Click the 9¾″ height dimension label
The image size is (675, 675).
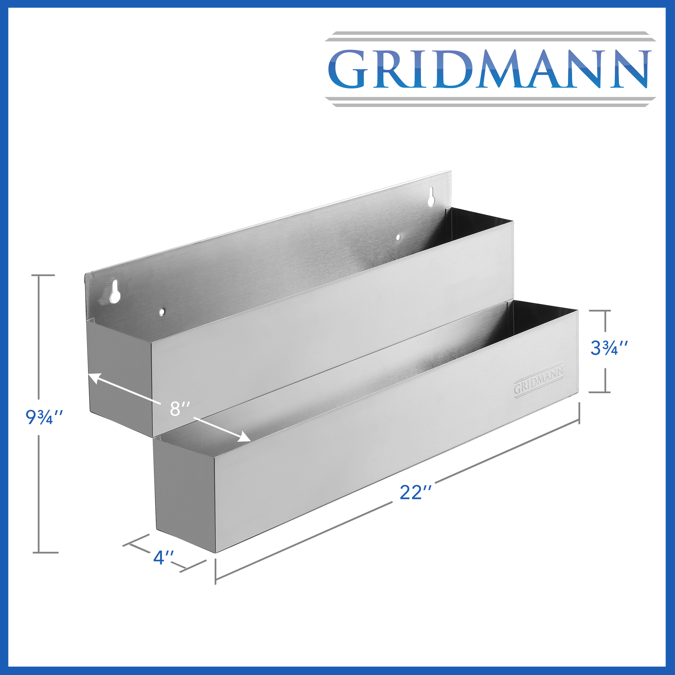coord(44,417)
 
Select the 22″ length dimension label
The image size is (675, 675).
coord(415,493)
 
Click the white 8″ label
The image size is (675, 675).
coord(180,409)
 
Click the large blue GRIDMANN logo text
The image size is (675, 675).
coord(489,69)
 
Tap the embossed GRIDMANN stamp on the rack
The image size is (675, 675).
coord(539,378)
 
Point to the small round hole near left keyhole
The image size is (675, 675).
coord(162,312)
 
